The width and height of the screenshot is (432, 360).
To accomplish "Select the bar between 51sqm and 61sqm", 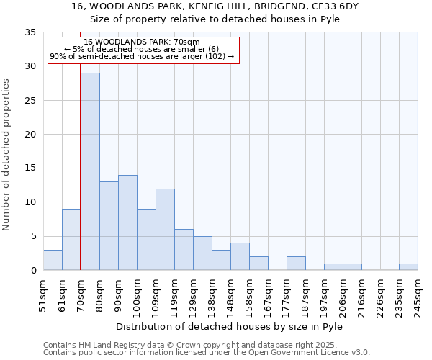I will coord(53,260).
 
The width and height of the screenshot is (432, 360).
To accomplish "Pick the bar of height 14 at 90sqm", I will coord(127,222).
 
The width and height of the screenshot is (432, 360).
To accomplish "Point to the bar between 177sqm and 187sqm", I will coord(296,264).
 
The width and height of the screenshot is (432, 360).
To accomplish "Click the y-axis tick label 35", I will coord(30,32).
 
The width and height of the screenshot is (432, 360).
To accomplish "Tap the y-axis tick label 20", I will coord(30,135).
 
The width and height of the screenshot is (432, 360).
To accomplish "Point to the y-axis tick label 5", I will coord(33,236).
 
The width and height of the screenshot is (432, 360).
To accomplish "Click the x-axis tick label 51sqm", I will coord(43,295).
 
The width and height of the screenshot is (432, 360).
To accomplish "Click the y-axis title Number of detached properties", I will coord(7,155).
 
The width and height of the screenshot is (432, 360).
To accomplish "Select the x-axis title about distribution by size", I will coord(230,326).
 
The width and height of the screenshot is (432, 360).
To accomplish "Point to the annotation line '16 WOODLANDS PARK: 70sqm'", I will coord(142,42).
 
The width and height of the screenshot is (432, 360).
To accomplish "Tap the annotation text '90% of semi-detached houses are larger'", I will coord(142,56).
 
